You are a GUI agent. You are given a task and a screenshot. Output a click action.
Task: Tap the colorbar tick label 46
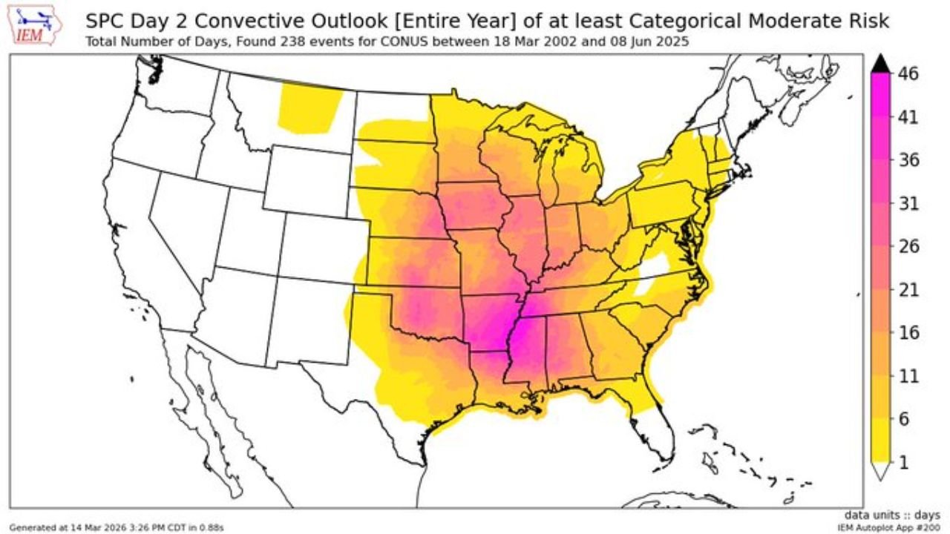click(908, 74)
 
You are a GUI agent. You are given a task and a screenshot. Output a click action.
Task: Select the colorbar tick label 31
click(908, 203)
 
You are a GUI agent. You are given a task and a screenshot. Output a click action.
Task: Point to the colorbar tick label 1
click(904, 462)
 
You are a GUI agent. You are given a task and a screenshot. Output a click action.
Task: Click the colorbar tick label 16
click(908, 333)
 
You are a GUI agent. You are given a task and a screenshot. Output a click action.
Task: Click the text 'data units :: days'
click(892, 515)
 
